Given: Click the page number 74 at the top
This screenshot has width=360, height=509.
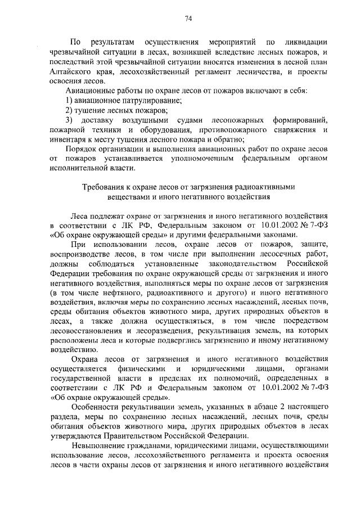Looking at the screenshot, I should coord(188,19).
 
